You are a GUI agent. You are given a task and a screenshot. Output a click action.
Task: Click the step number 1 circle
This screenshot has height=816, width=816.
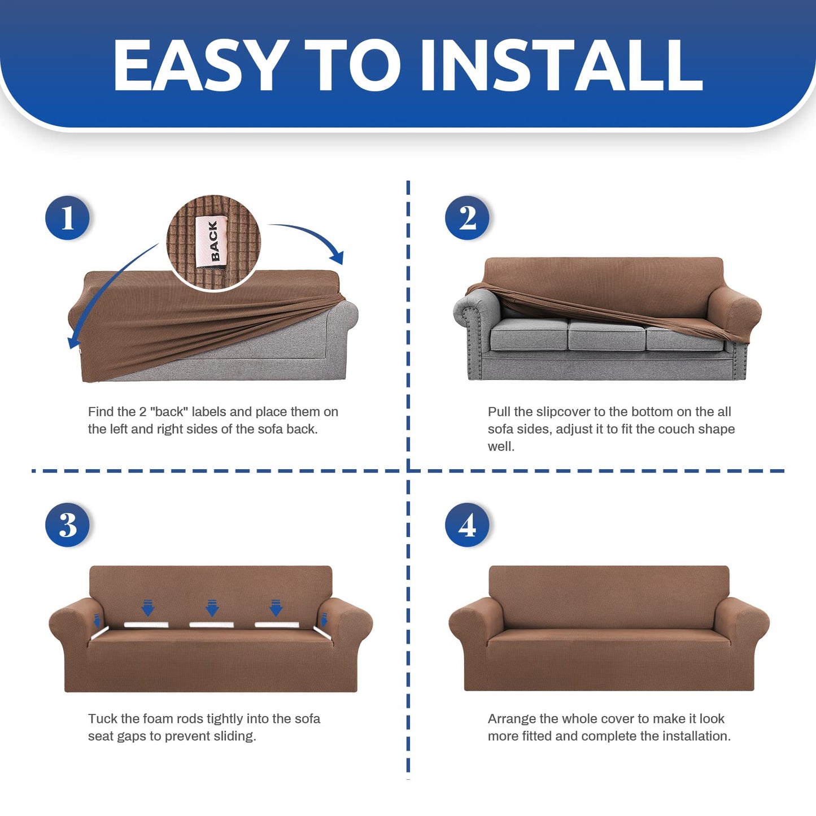pyautogui.click(x=67, y=217)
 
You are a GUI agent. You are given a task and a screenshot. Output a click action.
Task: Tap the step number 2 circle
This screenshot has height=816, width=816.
pyautogui.click(x=467, y=217)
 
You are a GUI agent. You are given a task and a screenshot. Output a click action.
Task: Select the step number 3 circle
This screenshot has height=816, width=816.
pyautogui.click(x=67, y=525)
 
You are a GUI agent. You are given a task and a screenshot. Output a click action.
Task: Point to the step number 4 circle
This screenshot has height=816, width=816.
pyautogui.click(x=467, y=525)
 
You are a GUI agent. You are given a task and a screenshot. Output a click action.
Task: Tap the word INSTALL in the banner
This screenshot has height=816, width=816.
pyautogui.click(x=561, y=65)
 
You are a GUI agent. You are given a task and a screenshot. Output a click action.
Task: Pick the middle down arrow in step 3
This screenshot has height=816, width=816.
pyautogui.click(x=212, y=608)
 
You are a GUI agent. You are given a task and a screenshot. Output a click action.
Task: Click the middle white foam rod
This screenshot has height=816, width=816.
pyautogui.click(x=211, y=625)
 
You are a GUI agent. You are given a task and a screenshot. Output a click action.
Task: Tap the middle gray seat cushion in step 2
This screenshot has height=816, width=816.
pyautogui.click(x=606, y=335)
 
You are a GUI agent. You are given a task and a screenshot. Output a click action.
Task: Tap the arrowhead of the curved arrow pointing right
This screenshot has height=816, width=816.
pyautogui.click(x=338, y=256)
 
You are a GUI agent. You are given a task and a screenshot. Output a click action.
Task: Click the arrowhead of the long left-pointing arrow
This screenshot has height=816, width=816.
pyautogui.click(x=73, y=341)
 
